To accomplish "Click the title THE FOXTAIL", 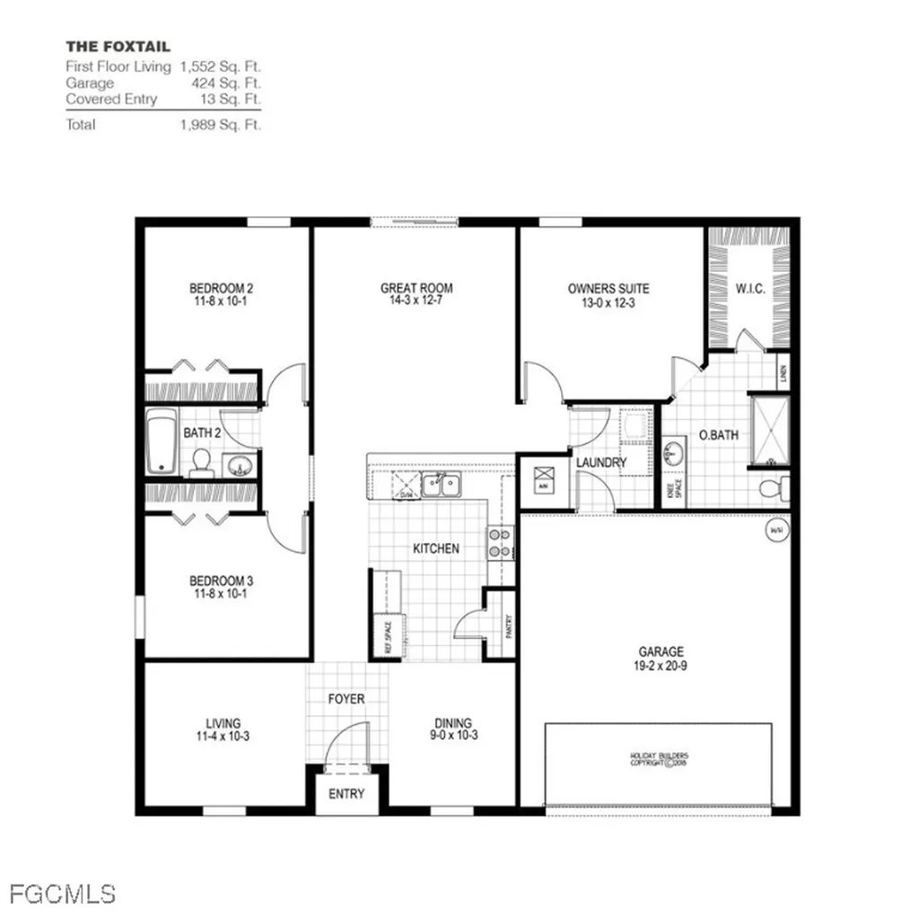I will coord(118,46).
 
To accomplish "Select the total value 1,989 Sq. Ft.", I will coord(220,125).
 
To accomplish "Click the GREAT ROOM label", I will coord(416,288).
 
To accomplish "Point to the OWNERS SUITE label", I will coord(608,288).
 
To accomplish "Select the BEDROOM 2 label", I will coord(221,288).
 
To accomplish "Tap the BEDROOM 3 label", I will coord(221,580).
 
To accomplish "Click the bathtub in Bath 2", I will coord(162,441).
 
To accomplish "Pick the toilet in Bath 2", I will coord(201,462).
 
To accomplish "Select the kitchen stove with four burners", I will coord(500,541).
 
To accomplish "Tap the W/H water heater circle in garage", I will coord(775,530).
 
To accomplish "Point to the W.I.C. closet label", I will coord(749,288).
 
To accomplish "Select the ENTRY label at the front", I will coord(346,793).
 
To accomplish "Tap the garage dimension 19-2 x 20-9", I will coord(661,666).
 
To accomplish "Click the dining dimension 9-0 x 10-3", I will coord(453,737).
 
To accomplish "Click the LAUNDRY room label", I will coord(601,462).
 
